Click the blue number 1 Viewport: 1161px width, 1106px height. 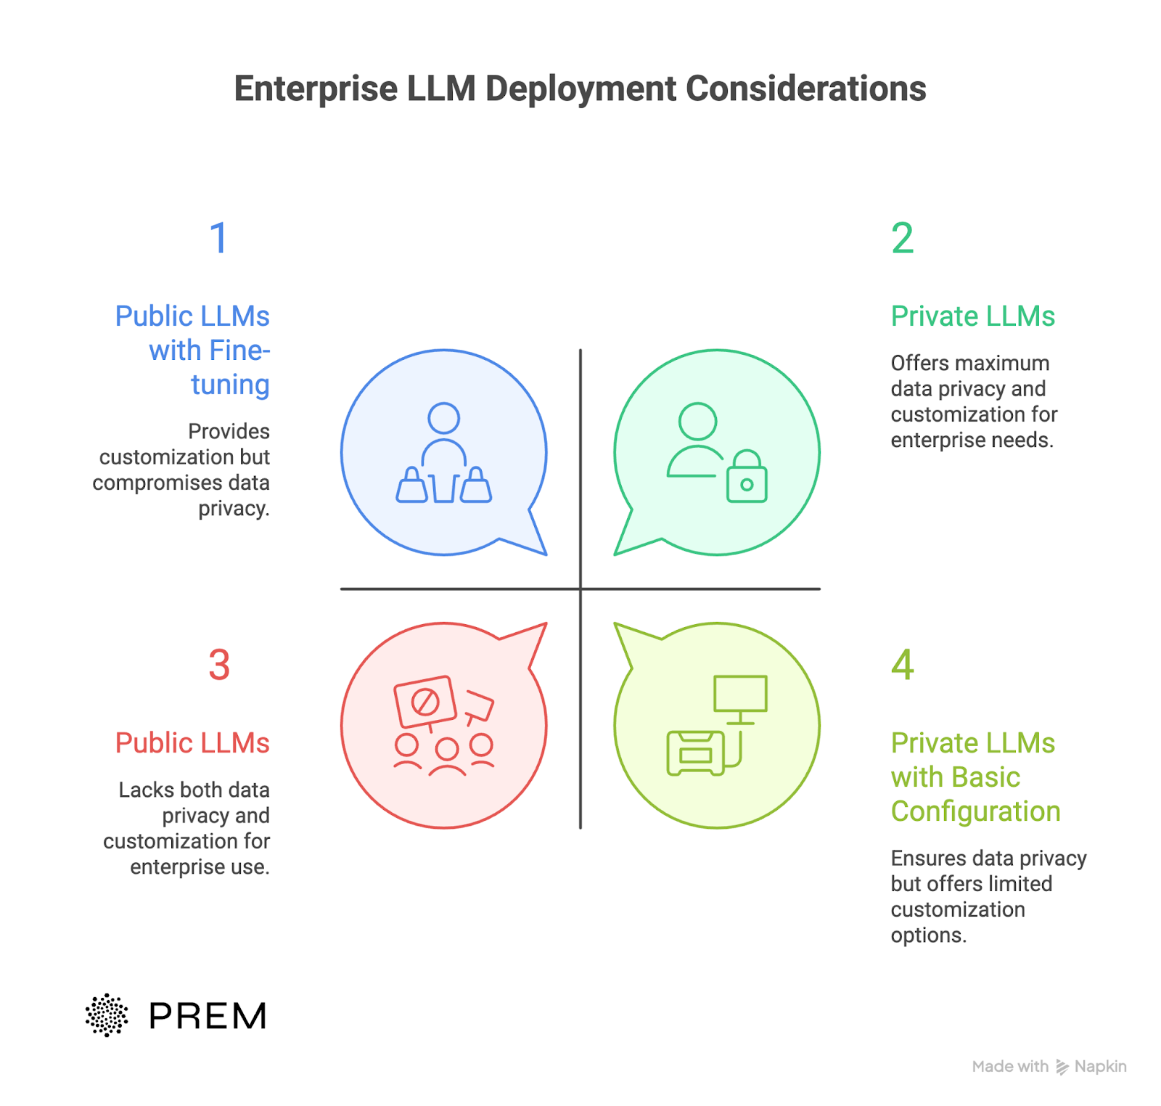218,238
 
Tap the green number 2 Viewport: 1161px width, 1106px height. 902,238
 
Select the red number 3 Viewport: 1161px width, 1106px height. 219,665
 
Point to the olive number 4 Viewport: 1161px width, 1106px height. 902,665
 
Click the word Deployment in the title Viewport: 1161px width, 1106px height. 580,89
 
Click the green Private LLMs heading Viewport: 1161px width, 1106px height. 972,316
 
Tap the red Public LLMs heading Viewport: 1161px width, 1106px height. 192,743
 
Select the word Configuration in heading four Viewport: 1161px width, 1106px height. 975,811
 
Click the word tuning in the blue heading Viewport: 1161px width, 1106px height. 230,385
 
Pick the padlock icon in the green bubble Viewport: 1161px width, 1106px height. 747,478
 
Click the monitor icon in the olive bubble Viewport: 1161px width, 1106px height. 740,695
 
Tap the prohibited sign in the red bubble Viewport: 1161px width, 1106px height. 425,702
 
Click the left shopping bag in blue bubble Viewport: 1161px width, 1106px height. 411,486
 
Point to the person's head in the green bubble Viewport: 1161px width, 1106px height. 697,421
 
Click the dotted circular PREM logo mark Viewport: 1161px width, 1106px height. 107,1015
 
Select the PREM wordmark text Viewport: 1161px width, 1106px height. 208,1016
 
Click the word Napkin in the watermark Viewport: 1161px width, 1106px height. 1100,1066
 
